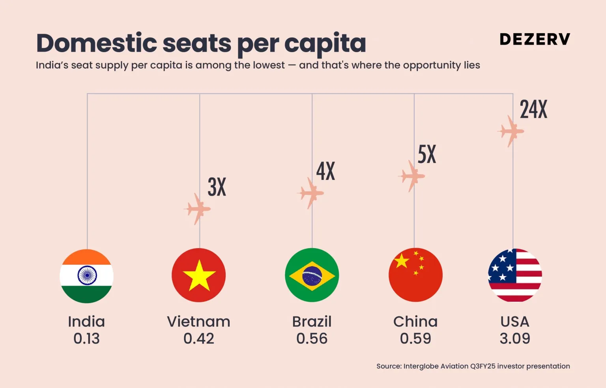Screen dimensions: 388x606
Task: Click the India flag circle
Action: (86, 276)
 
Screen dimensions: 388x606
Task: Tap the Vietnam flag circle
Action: (199, 275)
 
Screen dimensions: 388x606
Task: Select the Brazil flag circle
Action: (312, 275)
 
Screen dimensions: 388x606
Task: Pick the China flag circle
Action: (415, 275)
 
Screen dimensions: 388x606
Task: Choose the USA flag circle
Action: (515, 275)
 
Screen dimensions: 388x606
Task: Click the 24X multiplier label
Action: (533, 109)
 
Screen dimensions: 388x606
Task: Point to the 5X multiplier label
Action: (427, 154)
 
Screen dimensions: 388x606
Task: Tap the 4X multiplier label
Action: (325, 171)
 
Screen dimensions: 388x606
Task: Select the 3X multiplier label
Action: (217, 187)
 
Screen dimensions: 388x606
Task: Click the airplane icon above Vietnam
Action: (198, 209)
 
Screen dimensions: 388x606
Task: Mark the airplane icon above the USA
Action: (511, 131)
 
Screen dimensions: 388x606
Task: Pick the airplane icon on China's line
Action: (412, 176)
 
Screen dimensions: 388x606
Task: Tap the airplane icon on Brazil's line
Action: (310, 193)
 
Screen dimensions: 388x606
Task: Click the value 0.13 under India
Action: (86, 339)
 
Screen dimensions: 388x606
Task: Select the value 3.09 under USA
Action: (515, 339)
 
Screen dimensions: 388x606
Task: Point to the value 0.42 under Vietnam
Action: (199, 339)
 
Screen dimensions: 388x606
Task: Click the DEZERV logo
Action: (535, 39)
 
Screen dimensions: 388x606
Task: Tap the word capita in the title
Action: (325, 43)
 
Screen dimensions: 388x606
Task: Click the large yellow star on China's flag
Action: (402, 261)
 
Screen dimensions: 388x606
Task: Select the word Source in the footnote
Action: (388, 366)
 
